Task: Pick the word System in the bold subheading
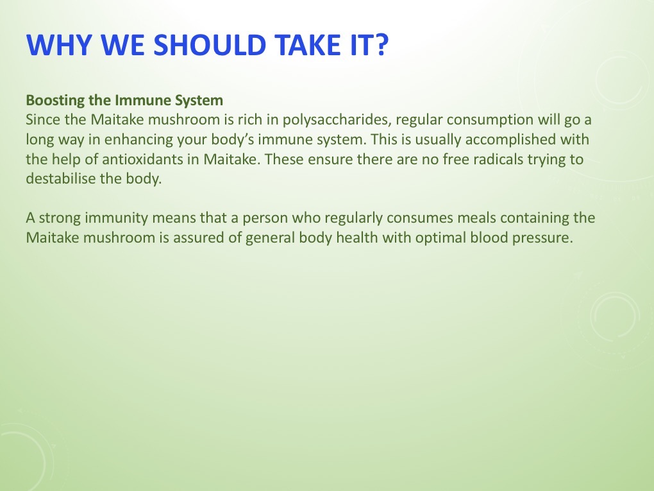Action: tap(199, 101)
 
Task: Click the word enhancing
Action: tap(113, 140)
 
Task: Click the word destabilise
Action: tap(60, 179)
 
